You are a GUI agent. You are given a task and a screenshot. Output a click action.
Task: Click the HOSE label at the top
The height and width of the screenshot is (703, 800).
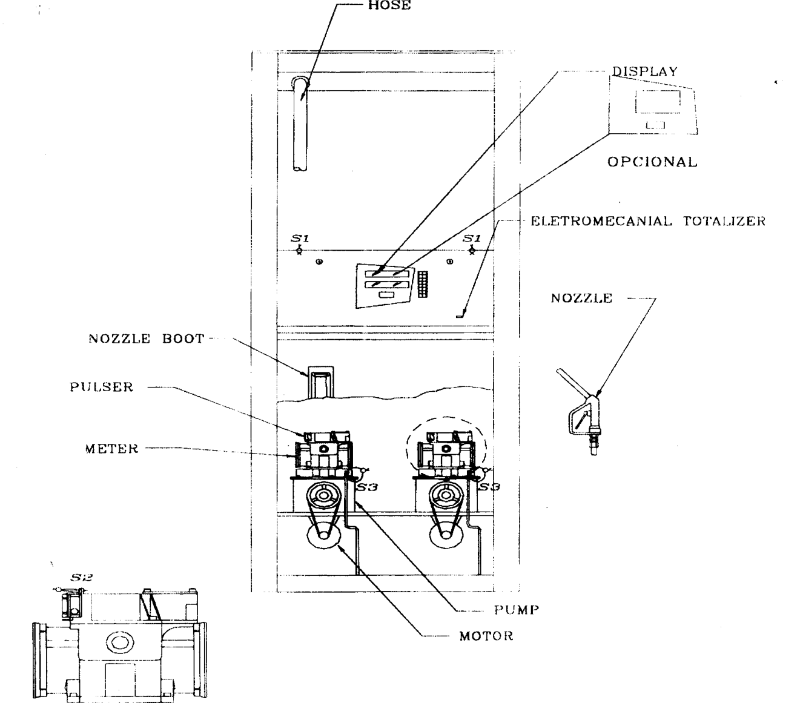pos(389,5)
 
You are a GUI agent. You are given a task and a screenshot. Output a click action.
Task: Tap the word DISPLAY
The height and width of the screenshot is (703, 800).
pos(645,71)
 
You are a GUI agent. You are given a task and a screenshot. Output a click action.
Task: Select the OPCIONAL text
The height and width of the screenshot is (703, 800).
pos(652,162)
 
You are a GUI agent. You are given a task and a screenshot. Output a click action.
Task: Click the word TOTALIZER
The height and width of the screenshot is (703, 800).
pos(724,221)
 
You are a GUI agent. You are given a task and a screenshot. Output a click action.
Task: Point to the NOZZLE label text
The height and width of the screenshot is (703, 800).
pos(581,298)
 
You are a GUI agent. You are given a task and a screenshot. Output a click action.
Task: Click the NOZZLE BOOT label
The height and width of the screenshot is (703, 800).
pos(147,338)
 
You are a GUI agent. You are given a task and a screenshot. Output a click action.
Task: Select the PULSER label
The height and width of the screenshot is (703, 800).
pos(102,387)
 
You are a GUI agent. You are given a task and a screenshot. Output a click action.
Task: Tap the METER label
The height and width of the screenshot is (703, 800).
pos(112,449)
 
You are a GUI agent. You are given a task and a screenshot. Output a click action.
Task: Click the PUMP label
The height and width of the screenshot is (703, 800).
pos(517,610)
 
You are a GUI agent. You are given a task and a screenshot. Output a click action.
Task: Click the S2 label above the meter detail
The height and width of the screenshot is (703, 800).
pos(81,578)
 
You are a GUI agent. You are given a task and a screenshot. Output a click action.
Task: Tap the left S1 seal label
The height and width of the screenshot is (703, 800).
pos(300,238)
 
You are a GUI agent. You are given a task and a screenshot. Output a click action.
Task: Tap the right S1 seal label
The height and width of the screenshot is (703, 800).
pos(472,238)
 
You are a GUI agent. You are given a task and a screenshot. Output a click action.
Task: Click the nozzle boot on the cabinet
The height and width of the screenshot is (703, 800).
pos(320,382)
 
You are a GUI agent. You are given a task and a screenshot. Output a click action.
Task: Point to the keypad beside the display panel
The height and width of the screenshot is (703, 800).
pos(423,285)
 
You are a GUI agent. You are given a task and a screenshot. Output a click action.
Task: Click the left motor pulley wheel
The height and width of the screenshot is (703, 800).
pos(324,535)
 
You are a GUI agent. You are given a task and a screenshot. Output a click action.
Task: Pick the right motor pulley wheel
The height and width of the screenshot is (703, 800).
pos(446,535)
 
